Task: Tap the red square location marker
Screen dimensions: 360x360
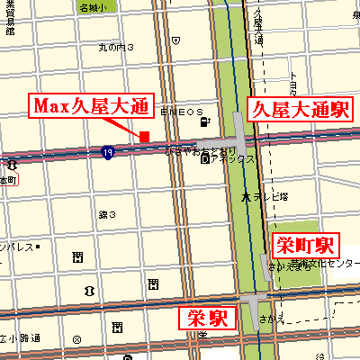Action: [144, 136]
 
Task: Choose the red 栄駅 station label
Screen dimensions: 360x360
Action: [208, 318]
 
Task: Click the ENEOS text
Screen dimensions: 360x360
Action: [181, 114]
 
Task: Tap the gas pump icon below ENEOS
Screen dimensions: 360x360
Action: [206, 122]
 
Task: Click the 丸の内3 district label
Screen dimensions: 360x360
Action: [116, 47]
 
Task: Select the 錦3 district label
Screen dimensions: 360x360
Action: [107, 214]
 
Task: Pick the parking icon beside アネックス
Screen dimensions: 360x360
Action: [206, 159]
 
